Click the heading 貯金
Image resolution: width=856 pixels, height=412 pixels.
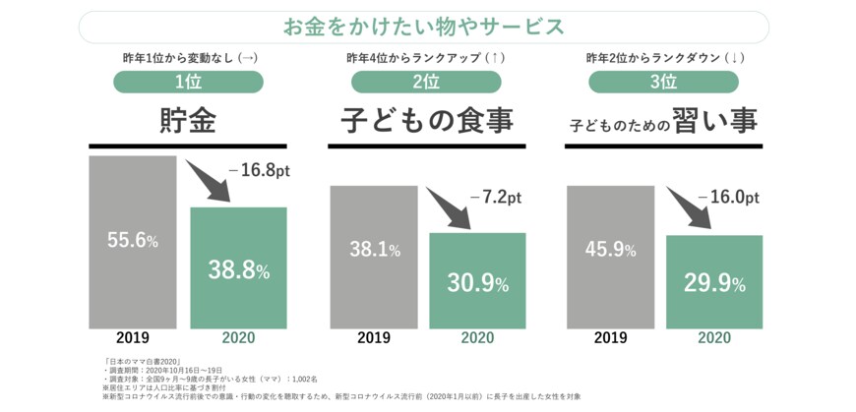pyautogui.click(x=188, y=122)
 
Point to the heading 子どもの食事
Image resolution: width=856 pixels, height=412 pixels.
pyautogui.click(x=426, y=122)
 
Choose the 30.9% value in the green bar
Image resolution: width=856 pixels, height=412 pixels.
pyautogui.click(x=477, y=283)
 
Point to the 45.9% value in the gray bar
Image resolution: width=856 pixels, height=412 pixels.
pyautogui.click(x=610, y=250)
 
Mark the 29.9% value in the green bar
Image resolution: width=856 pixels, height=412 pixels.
pyautogui.click(x=713, y=284)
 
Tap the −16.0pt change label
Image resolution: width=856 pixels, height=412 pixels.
pyautogui.click(x=727, y=197)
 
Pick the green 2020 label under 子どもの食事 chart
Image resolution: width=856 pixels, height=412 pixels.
pyautogui.click(x=477, y=337)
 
